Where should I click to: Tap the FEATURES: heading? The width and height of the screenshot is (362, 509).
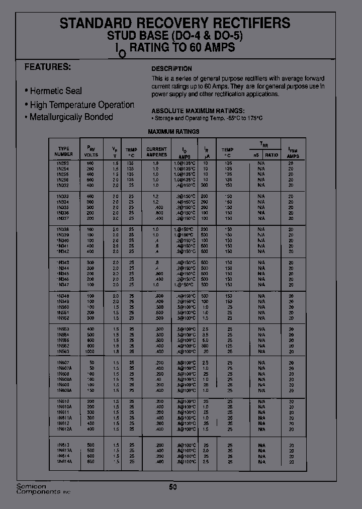click(48, 67)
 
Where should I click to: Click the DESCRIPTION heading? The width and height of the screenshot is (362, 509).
click(171, 69)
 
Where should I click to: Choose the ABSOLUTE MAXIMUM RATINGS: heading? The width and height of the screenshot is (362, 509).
click(198, 111)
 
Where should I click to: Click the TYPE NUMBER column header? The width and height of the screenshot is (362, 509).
click(64, 151)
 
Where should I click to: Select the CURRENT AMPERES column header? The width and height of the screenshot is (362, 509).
click(156, 152)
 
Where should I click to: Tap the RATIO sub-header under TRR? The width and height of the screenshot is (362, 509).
click(271, 155)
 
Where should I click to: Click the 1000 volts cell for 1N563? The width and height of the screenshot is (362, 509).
click(90, 351)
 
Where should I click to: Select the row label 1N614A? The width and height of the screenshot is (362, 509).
click(64, 461)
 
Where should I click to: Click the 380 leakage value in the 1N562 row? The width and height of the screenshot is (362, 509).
click(206, 346)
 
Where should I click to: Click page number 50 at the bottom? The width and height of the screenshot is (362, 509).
click(173, 487)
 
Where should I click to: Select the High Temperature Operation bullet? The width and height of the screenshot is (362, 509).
click(81, 105)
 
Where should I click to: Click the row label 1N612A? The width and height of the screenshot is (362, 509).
click(64, 429)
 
